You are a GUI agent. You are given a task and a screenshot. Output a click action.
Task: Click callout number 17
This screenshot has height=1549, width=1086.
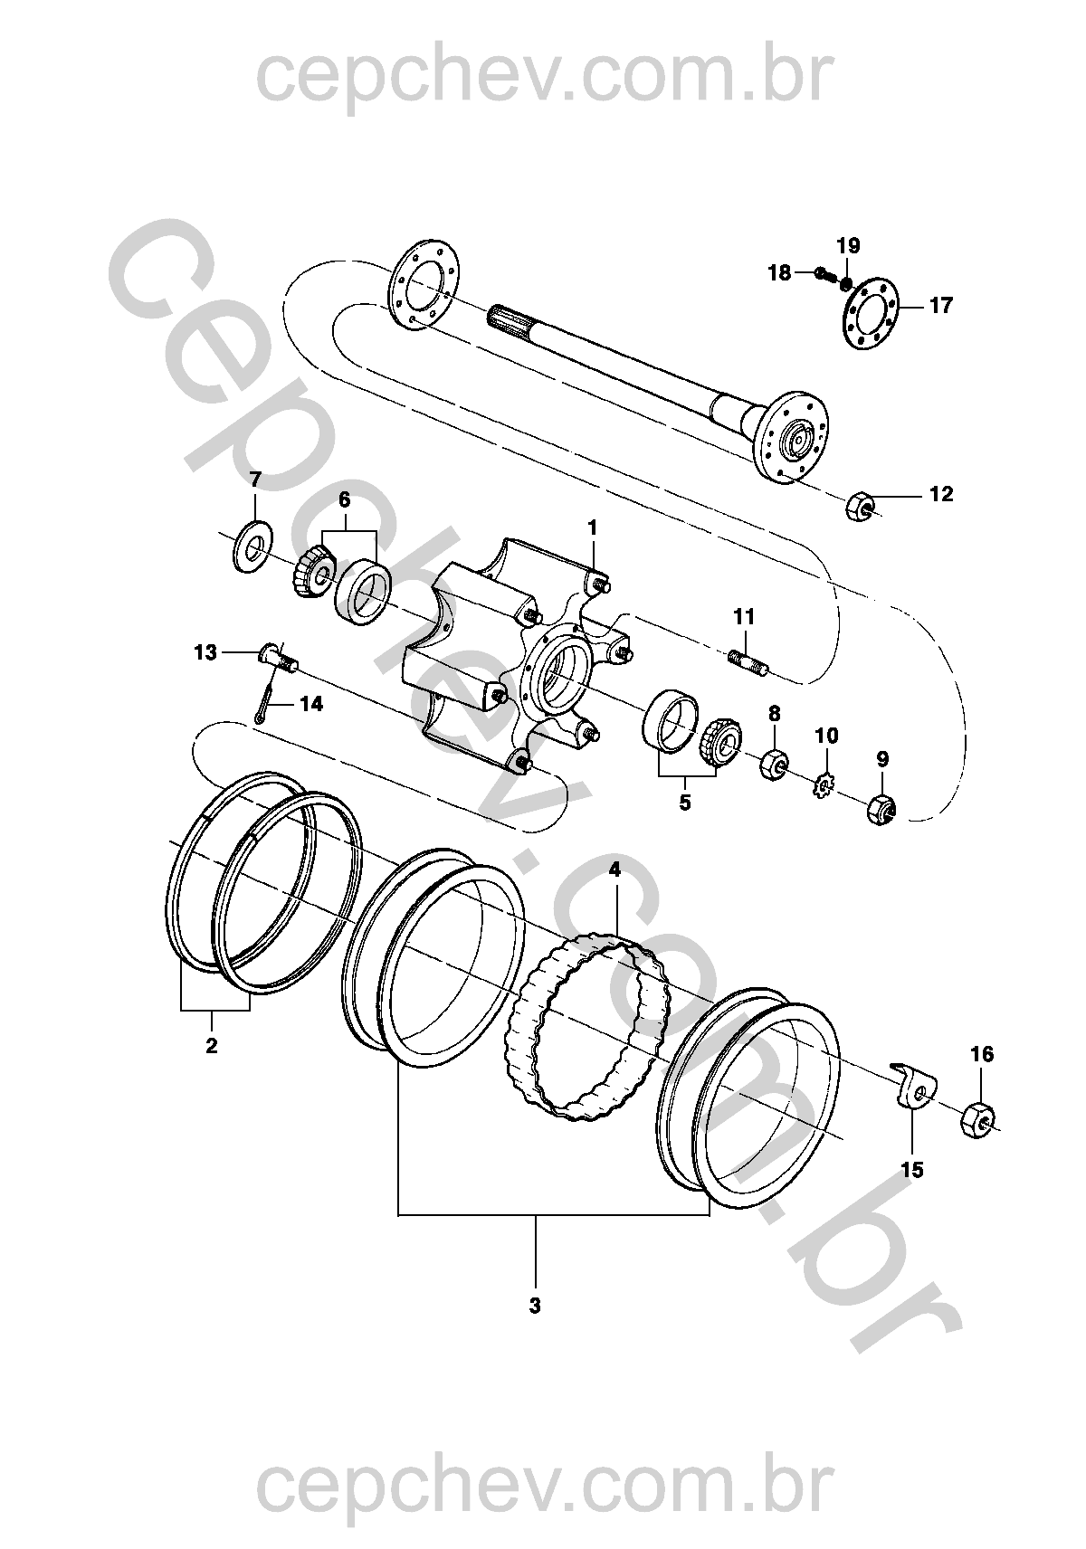coord(940,305)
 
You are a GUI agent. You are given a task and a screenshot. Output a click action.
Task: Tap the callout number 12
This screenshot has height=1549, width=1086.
coord(940,494)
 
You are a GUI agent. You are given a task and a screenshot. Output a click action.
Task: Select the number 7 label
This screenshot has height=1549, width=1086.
coord(255,480)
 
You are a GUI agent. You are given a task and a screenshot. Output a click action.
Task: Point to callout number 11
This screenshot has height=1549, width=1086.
coord(744,616)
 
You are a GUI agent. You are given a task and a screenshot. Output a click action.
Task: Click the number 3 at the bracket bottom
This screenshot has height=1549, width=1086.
coord(534,1307)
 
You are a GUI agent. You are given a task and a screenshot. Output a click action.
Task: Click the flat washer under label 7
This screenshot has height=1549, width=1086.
coord(254,546)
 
